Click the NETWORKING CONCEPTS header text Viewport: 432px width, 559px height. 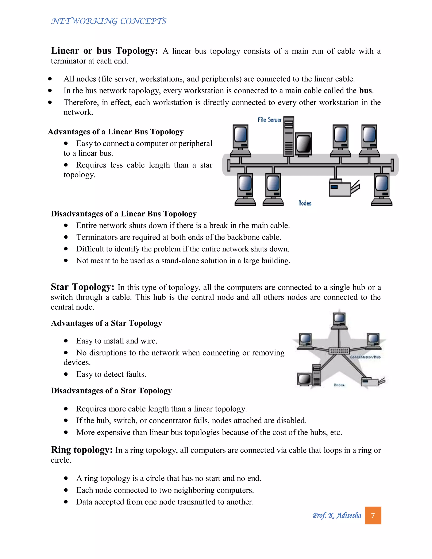coord(109,21)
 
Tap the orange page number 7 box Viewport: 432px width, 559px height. coord(373,516)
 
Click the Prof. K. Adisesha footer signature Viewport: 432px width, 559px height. coord(337,515)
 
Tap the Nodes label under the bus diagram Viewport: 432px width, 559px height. coord(305,203)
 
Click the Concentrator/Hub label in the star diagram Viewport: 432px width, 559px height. coord(365,357)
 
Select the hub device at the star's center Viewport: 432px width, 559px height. coord(339,351)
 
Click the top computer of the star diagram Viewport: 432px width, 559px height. coord(339,320)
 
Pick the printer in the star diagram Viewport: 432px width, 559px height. coord(372,382)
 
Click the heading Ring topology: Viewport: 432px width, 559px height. coord(82,450)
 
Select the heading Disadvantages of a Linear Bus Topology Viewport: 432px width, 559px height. coord(124,214)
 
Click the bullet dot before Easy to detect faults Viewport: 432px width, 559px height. coord(66,374)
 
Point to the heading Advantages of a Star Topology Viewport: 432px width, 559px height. coord(107,323)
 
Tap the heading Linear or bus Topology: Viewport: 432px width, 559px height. coord(104,51)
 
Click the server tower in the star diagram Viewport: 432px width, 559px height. coord(317,375)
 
